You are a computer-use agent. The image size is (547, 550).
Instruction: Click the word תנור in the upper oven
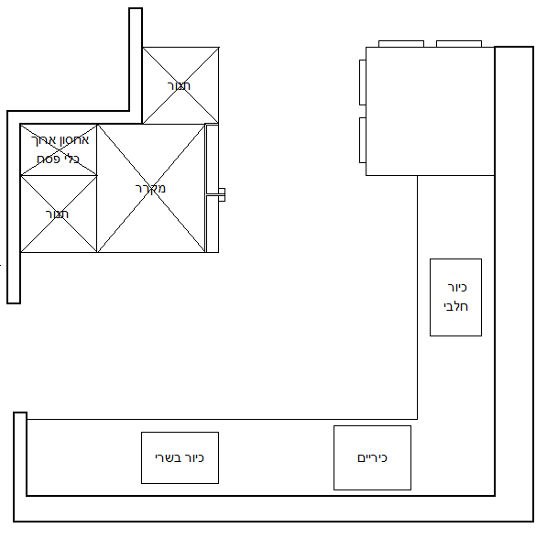(179, 86)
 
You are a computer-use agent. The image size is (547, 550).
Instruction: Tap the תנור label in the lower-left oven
(57, 214)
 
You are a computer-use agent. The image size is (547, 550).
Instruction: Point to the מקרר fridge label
(150, 189)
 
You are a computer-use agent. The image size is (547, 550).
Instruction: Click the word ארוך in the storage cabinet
(43, 140)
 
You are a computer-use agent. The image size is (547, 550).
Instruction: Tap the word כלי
(72, 159)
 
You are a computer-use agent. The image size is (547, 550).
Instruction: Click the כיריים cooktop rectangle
(372, 457)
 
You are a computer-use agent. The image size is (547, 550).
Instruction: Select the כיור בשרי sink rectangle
(180, 457)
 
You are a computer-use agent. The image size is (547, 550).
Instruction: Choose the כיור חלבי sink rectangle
(456, 297)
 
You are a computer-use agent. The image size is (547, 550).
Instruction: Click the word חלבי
(456, 306)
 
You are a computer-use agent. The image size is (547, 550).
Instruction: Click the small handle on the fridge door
(222, 194)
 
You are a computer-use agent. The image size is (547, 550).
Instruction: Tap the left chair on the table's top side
(401, 44)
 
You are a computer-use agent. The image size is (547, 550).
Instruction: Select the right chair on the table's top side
(459, 44)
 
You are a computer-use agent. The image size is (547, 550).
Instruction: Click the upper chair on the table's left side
(363, 82)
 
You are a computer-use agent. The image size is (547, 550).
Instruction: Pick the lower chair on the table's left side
(363, 140)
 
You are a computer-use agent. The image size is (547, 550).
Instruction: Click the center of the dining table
(431, 111)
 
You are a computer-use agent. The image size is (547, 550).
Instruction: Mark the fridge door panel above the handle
(213, 159)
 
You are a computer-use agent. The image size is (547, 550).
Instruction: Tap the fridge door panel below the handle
(213, 224)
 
